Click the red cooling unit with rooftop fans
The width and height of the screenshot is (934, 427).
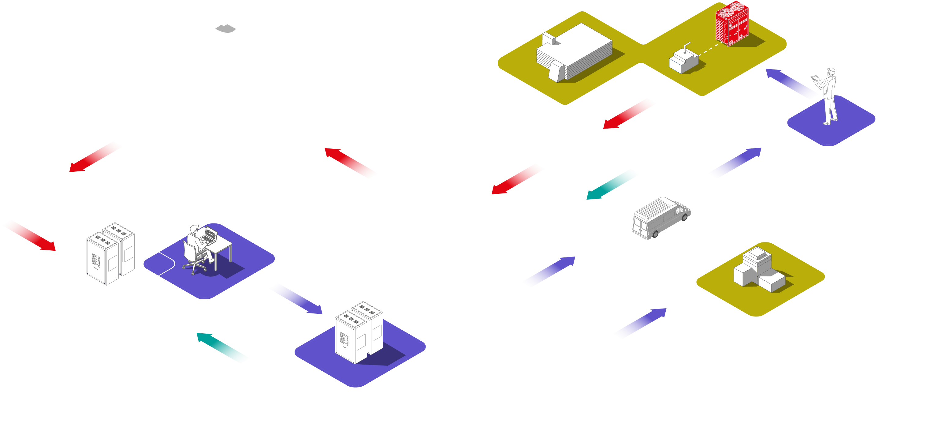(x=732, y=24)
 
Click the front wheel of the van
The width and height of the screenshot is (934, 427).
(x=685, y=217)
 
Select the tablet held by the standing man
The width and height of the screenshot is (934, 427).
(x=815, y=78)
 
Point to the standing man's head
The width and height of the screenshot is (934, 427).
(x=831, y=71)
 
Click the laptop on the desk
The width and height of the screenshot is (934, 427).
(x=210, y=235)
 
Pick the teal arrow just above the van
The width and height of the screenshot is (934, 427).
(x=613, y=184)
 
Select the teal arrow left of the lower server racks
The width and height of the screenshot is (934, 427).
(x=223, y=347)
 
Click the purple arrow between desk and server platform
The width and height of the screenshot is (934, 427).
(x=296, y=298)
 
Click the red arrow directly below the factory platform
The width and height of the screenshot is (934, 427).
(x=629, y=113)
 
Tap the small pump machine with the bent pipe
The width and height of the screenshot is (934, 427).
(x=683, y=60)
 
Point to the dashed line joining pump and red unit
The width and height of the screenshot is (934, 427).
(x=709, y=49)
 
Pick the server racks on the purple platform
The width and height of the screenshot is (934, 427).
(x=359, y=332)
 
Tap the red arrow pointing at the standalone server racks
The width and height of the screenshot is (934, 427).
(x=29, y=235)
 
